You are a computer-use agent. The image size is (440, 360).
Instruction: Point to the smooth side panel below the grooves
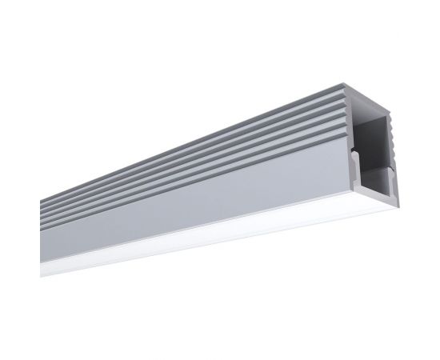(200, 200)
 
